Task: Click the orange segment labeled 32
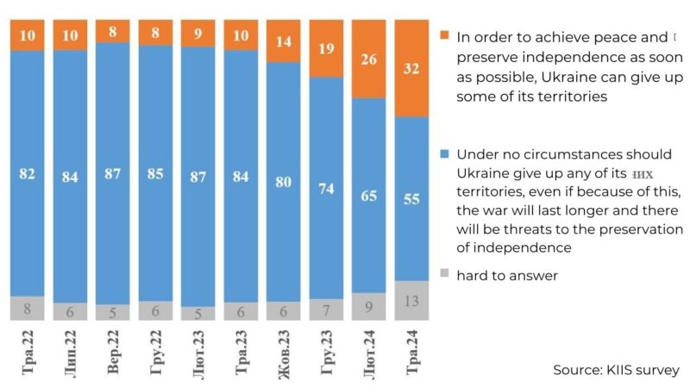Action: click(x=411, y=69)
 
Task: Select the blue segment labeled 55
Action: click(x=411, y=198)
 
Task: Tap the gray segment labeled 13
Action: click(x=411, y=301)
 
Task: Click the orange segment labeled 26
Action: click(x=369, y=60)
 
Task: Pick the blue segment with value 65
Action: click(x=369, y=196)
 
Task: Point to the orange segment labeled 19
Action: click(x=326, y=50)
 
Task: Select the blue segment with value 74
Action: click(x=326, y=189)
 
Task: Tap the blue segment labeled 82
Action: click(x=28, y=173)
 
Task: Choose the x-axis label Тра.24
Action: click(x=411, y=354)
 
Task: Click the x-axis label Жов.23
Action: click(x=284, y=354)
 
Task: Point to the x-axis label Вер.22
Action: click(x=113, y=354)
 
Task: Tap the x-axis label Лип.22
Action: click(x=70, y=354)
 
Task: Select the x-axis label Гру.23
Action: click(x=326, y=354)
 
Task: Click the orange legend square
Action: click(x=444, y=36)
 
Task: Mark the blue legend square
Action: click(x=444, y=154)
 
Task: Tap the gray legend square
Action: click(x=444, y=275)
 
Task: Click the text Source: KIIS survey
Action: click(x=616, y=370)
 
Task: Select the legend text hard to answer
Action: click(x=507, y=275)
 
